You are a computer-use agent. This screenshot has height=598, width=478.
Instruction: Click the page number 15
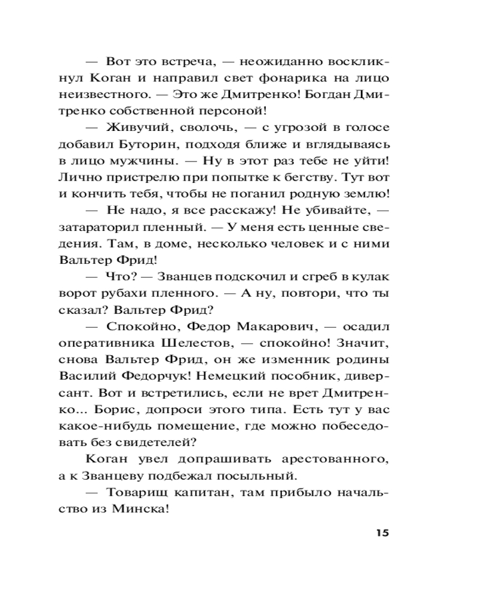[x=382, y=533]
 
